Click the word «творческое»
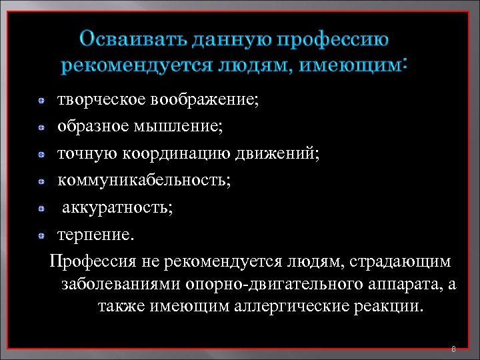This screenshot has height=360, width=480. click(x=101, y=101)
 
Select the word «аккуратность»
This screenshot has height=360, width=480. click(x=117, y=208)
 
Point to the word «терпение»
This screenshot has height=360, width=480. click(x=95, y=235)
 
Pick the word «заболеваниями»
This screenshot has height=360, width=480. click(x=119, y=284)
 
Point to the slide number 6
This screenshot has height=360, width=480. click(x=453, y=349)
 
